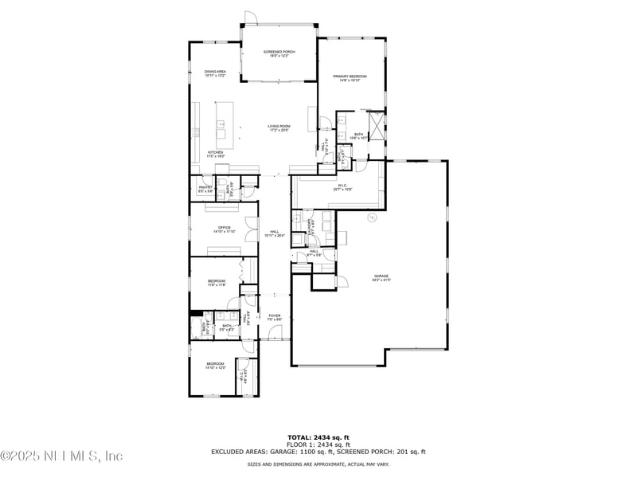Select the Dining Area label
point(215,73)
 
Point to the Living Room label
point(279,127)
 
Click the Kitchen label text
point(216,154)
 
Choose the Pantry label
point(205,189)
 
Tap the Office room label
point(224,229)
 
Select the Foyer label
point(274,318)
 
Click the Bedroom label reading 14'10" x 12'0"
point(216,366)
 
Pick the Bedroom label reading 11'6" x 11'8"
point(217,282)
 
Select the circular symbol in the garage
point(371,217)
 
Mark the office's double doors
point(252,229)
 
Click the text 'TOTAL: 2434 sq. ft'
point(318,437)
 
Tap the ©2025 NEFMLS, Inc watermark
point(62,456)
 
